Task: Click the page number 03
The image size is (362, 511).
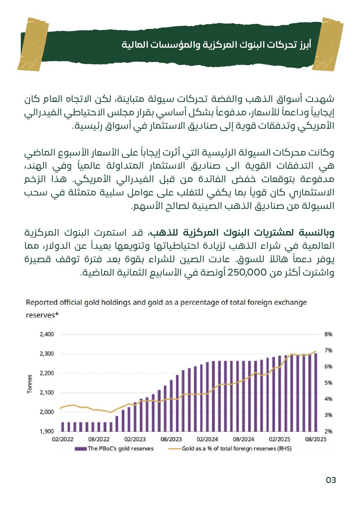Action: point(331,480)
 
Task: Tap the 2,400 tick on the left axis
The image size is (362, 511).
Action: point(47,334)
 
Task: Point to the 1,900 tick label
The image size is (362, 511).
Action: point(47,431)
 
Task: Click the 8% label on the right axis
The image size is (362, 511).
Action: point(328,334)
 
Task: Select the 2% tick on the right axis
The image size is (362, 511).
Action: point(328,431)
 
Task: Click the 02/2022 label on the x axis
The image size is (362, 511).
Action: point(63,439)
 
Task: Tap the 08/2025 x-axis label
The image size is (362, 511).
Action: point(316,439)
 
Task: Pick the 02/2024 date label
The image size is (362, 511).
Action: point(207,439)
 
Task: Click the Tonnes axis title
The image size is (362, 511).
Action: point(30,384)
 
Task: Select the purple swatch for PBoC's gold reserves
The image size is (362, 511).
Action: point(80,449)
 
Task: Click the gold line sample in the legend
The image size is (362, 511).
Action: point(175,449)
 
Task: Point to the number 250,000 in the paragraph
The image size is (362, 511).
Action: point(247,273)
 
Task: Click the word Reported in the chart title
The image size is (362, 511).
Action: point(42,303)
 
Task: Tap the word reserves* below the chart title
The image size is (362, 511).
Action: point(42,315)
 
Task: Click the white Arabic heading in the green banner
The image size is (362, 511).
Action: point(216,45)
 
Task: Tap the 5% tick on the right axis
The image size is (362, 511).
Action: point(328,383)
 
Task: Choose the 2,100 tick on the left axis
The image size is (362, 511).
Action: point(47,393)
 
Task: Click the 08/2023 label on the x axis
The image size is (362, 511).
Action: point(171,439)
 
